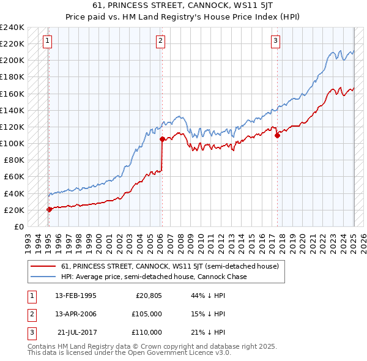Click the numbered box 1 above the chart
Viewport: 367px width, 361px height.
[x=48, y=41]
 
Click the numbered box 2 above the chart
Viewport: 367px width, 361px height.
[x=160, y=41]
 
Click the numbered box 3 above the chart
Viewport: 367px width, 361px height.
[x=276, y=41]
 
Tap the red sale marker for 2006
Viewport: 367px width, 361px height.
[x=162, y=139]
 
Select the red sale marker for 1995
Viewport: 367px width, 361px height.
[x=49, y=209]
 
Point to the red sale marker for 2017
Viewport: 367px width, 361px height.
[x=277, y=135]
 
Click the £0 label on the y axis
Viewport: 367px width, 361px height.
[x=18, y=226]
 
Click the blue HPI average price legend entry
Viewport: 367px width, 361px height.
[x=154, y=277]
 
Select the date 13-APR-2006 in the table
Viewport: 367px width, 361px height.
[x=76, y=314]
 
